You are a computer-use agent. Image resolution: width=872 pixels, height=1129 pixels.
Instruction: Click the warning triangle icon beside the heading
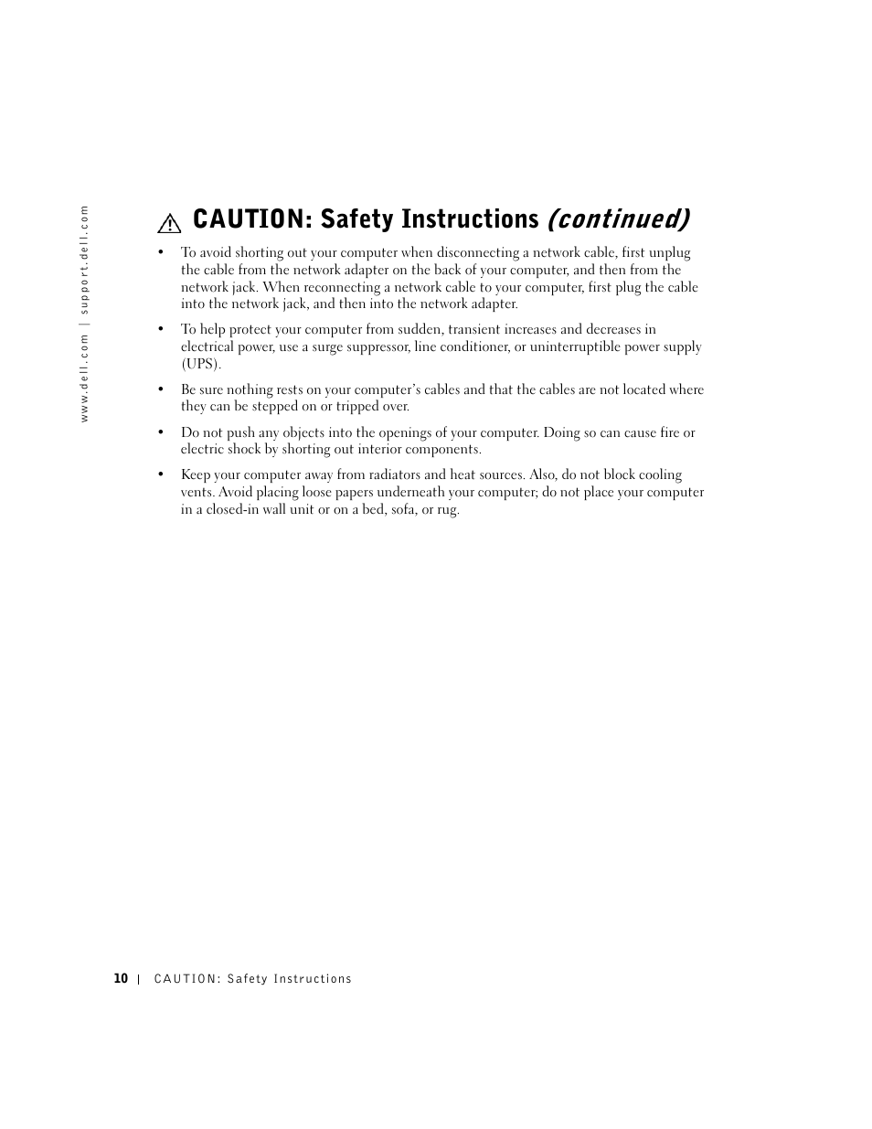click(169, 222)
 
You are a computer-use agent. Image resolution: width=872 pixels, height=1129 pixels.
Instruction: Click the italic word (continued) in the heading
click(618, 219)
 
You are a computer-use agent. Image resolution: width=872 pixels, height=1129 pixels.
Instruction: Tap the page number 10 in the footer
click(121, 978)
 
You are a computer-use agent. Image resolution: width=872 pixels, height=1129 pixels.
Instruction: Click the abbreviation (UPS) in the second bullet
click(200, 364)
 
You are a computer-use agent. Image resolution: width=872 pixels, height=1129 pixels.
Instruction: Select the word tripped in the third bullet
click(357, 406)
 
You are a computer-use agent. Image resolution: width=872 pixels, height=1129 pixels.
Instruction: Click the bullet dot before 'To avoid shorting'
click(160, 253)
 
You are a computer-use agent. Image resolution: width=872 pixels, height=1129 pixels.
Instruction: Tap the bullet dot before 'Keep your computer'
click(160, 475)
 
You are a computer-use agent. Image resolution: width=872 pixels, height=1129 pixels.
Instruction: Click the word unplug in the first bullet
click(669, 252)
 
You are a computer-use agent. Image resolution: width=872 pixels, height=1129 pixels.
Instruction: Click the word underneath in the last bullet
click(398, 492)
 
